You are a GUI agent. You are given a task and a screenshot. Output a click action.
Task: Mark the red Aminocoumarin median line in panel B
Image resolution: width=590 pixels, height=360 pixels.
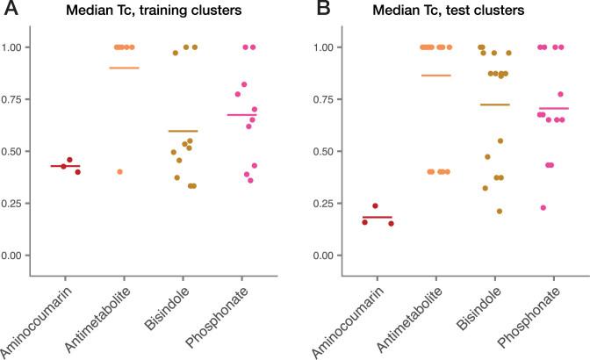tap(378, 217)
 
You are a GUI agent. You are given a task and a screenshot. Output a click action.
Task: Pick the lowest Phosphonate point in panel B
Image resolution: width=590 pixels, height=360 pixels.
tap(543, 207)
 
